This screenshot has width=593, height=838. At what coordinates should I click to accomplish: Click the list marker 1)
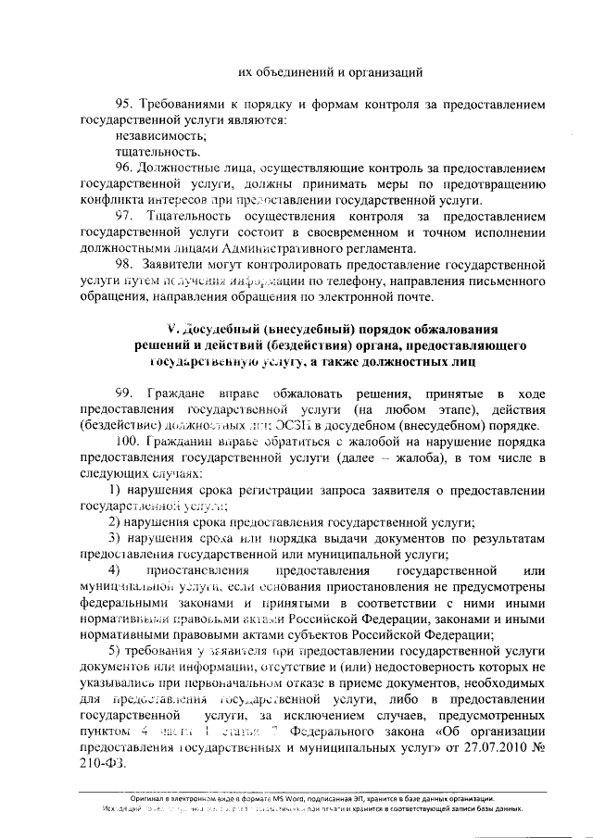click(118, 490)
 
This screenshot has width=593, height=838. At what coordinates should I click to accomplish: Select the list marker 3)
click(118, 539)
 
